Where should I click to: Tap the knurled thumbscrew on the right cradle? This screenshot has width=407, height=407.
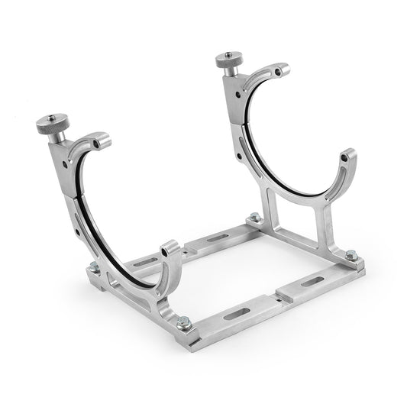[x=228, y=61]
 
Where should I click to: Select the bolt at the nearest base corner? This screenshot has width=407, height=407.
[x=183, y=323]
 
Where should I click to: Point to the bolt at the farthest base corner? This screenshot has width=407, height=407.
[x=253, y=219]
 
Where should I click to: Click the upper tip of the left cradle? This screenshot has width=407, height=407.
[x=105, y=141]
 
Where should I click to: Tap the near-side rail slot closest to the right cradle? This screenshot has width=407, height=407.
[x=312, y=282]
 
